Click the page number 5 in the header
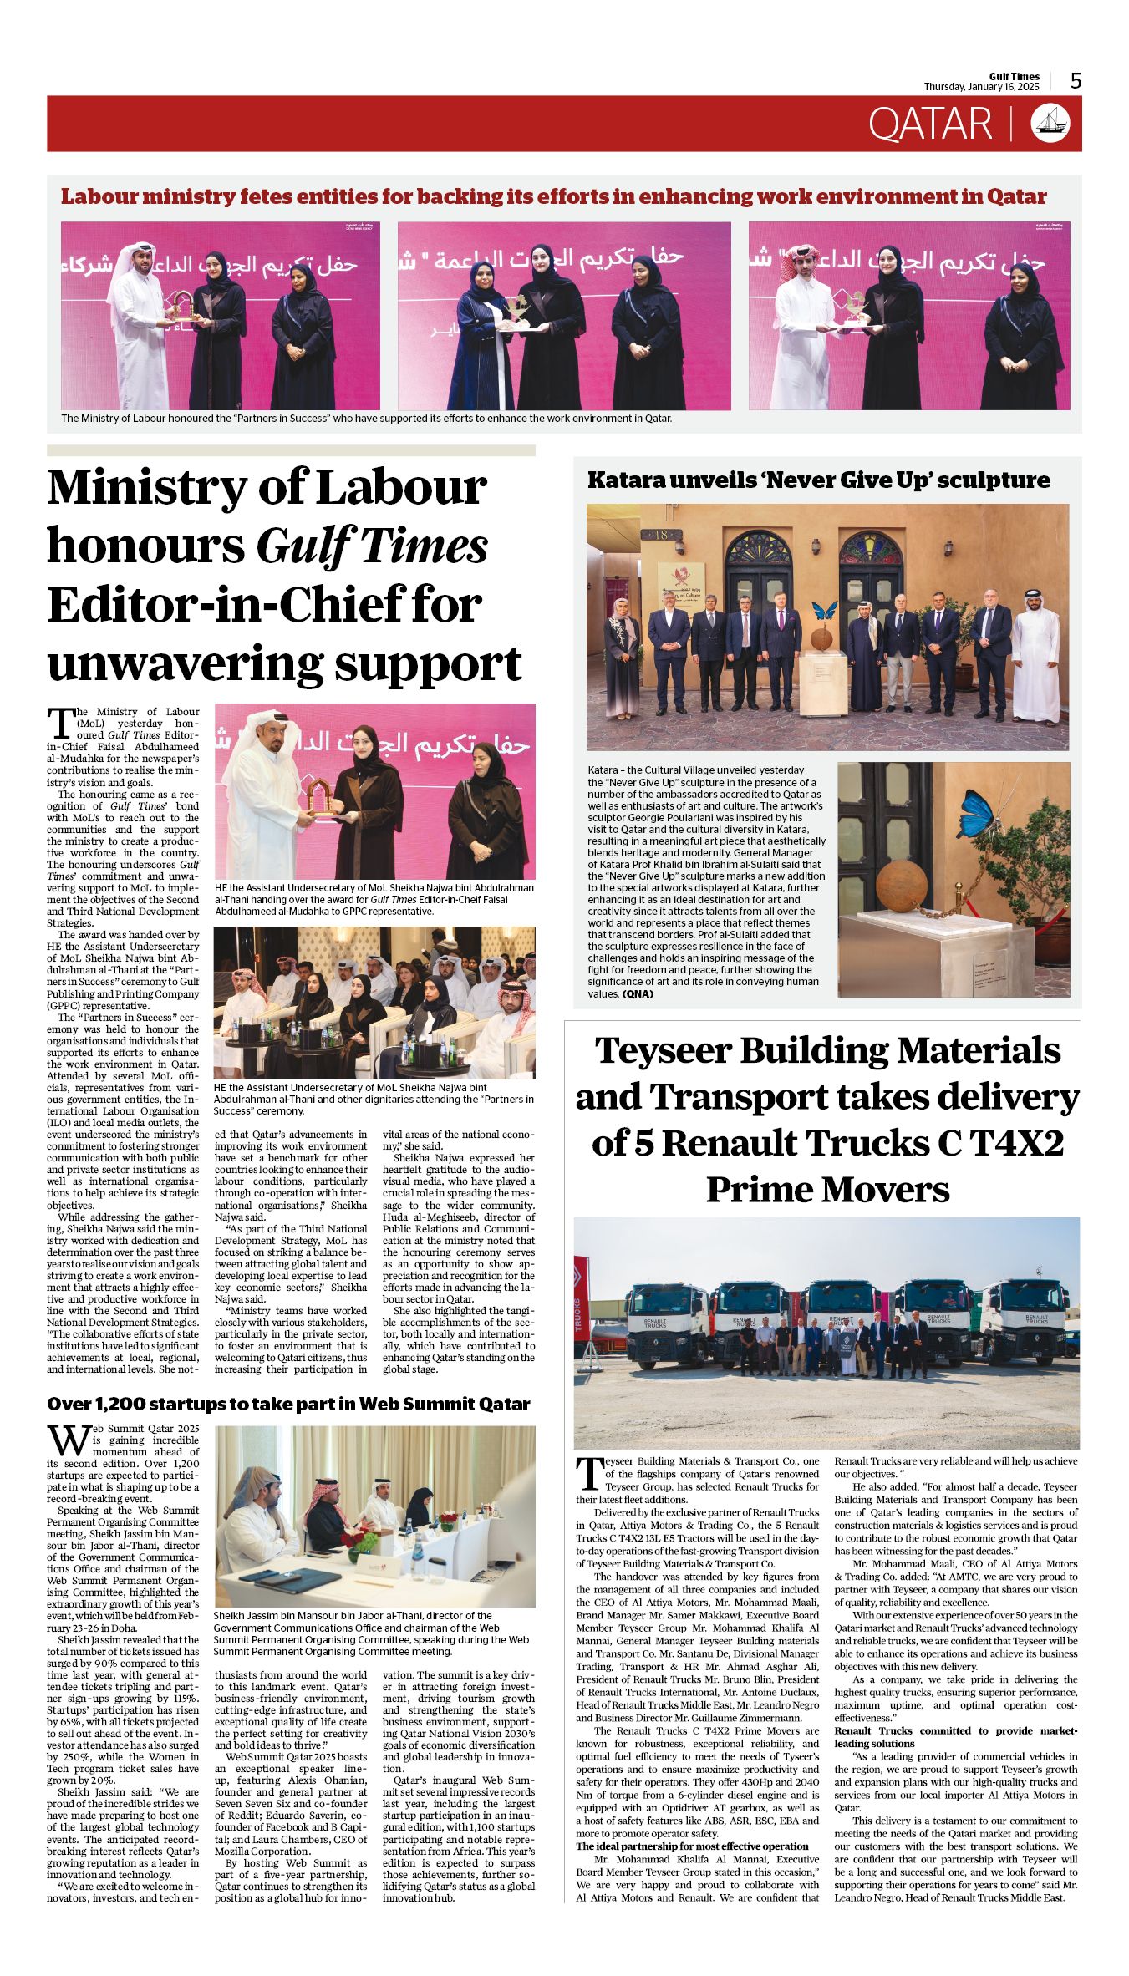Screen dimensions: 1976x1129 (1076, 81)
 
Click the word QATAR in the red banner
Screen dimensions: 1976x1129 (929, 124)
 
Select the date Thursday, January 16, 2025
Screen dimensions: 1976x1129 (981, 87)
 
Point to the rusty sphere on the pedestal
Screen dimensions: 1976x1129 (904, 889)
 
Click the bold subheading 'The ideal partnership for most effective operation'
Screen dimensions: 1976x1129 (692, 1846)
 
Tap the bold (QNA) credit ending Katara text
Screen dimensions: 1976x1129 (638, 994)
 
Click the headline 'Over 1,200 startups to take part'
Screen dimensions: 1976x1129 (288, 1405)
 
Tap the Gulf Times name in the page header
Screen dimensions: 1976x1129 (1015, 77)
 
